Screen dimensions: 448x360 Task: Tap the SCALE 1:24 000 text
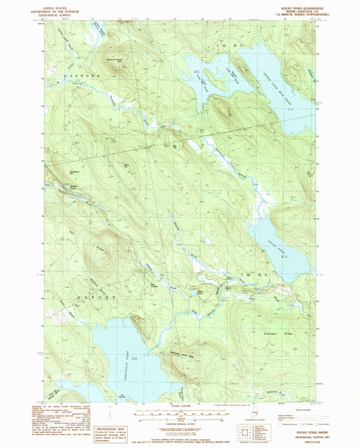179,405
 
